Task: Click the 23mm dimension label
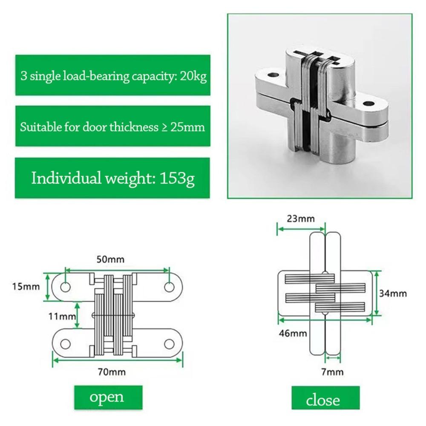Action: click(x=301, y=219)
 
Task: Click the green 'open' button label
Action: click(x=107, y=397)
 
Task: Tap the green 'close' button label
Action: click(x=323, y=400)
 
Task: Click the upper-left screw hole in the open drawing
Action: click(x=65, y=287)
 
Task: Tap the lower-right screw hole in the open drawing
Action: click(x=170, y=343)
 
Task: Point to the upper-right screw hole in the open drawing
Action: click(x=169, y=287)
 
